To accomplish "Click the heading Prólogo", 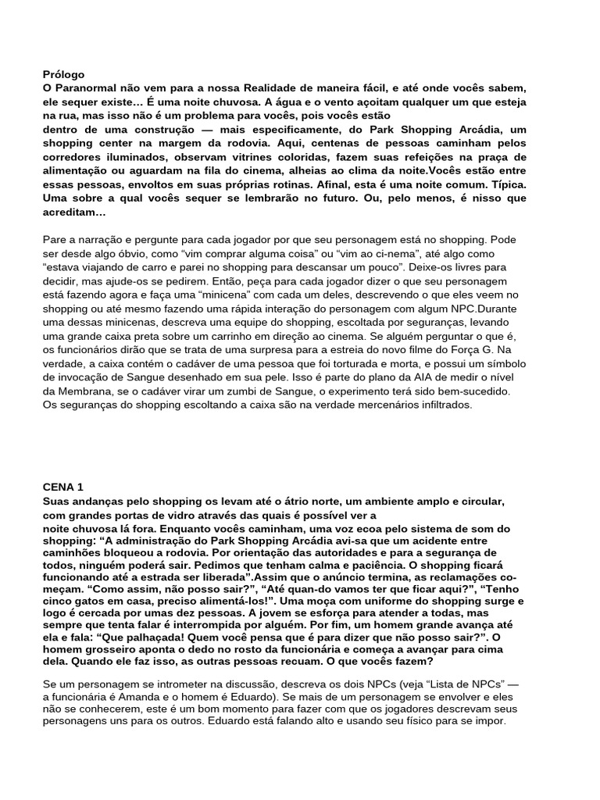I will point(63,74).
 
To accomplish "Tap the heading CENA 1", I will point(63,487).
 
